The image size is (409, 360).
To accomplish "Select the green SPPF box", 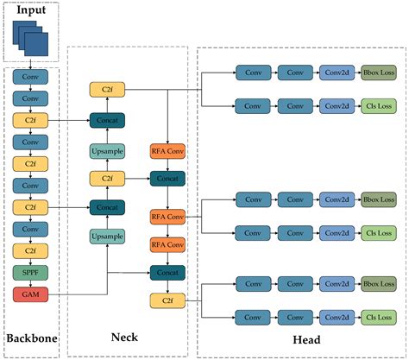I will click(30, 273).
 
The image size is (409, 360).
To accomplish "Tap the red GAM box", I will click(30, 294).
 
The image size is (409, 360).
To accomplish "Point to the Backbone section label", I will click(30, 338).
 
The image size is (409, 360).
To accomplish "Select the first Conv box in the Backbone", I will click(30, 75).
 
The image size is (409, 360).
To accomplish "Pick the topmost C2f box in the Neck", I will click(108, 89).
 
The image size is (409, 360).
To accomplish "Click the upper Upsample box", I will click(108, 152).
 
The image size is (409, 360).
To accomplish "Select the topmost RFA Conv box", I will click(168, 152).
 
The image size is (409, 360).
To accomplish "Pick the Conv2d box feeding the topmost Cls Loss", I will click(337, 106).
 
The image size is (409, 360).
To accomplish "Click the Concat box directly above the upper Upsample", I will click(108, 121).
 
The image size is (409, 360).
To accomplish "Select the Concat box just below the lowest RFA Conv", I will click(168, 273).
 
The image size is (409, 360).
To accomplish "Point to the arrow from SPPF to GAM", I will click(30, 284).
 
